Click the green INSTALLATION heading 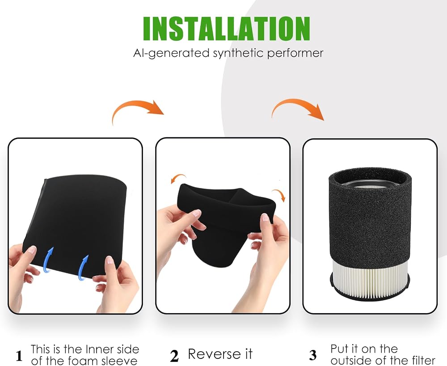click(226, 28)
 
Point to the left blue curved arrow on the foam click(48, 260)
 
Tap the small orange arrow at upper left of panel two click(178, 178)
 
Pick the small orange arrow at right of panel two click(279, 195)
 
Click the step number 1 click(19, 356)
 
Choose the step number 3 click(313, 355)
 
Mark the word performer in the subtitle click(295, 53)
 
